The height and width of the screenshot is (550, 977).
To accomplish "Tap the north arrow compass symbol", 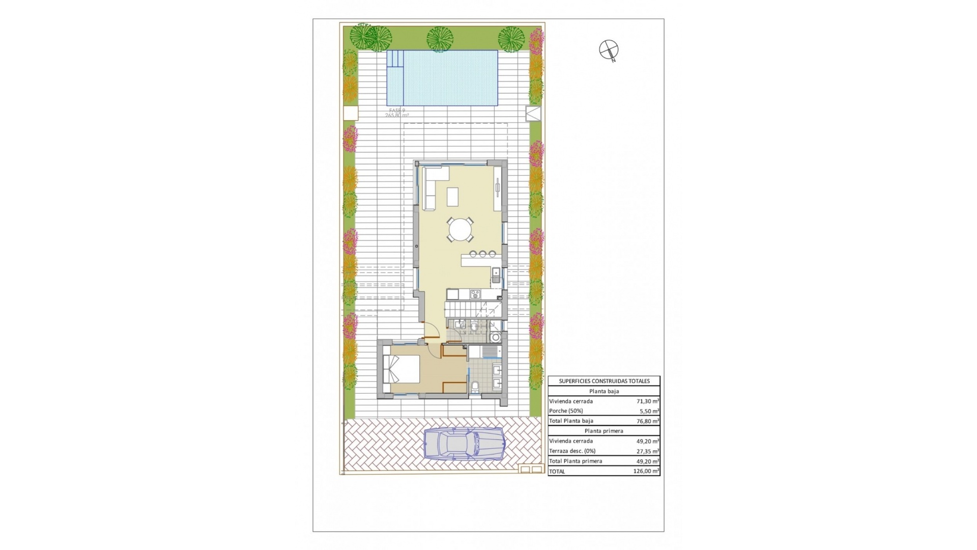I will coord(609,50).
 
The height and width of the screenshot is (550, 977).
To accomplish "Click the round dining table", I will coord(459,230).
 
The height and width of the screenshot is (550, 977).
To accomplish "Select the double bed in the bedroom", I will coord(401,369).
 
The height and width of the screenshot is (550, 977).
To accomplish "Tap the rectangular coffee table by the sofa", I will coord(452,197).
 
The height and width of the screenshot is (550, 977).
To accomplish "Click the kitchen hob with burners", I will coord(475,294).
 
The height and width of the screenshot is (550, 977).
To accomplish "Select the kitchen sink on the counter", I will coord(496,275).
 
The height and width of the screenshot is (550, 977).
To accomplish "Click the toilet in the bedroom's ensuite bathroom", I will coord(475,388).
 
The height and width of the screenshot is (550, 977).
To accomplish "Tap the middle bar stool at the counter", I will coord(482,253).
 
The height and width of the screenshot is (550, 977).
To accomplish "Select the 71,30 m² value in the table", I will coord(648,401).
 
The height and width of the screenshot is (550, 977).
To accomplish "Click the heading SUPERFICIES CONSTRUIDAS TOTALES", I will coord(604,381).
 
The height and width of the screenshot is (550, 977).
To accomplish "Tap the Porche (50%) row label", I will coord(566,411).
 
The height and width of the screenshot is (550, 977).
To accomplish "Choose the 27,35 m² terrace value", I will coord(648,451).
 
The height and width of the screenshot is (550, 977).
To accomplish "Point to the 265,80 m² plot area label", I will coord(397,116).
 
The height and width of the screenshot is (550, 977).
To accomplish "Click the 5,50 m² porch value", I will coord(649,411).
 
